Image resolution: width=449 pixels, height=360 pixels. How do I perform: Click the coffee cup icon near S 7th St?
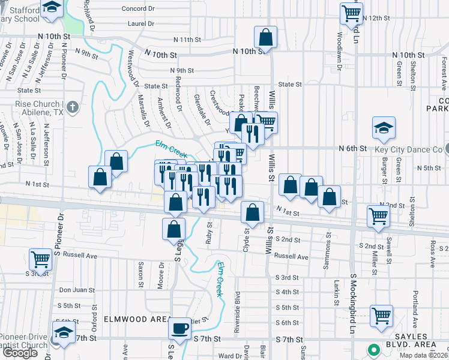pyautogui.click(x=180, y=328)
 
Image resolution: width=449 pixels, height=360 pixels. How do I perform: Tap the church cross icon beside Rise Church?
pyautogui.click(x=72, y=107)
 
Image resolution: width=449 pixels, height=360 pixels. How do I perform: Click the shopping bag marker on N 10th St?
pyautogui.click(x=265, y=37)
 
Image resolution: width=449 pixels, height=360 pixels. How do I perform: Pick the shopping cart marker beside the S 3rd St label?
pyautogui.click(x=40, y=259)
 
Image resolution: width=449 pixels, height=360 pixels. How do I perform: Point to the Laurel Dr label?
pyautogui.click(x=141, y=23)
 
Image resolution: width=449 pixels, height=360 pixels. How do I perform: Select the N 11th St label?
pyautogui.click(x=187, y=40)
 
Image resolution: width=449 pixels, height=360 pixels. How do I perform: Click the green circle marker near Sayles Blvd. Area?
pyautogui.click(x=373, y=349)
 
